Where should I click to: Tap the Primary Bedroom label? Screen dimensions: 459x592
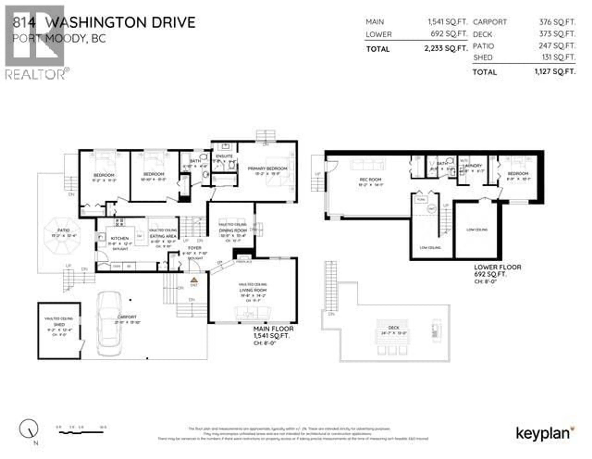[x=267, y=169]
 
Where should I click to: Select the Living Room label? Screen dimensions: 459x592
[x=253, y=290]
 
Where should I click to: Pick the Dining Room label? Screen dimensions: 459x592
[x=233, y=230]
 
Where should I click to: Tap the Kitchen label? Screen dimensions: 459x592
[x=119, y=238]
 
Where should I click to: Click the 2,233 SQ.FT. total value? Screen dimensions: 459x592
[x=446, y=49]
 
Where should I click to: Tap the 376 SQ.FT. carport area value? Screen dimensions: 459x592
[x=557, y=22]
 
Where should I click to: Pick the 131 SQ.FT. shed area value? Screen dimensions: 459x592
[x=557, y=57]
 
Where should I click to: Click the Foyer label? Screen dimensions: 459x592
[x=195, y=248]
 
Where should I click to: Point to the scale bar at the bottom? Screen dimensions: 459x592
[x=81, y=432]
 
